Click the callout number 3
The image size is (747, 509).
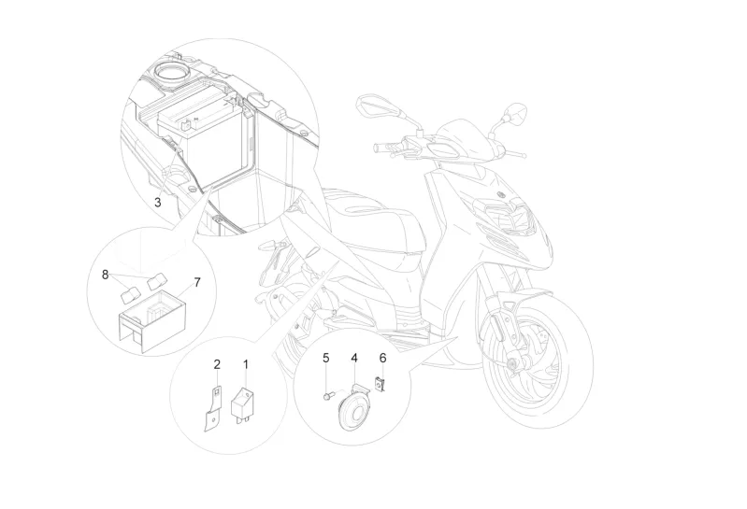pos(158,201)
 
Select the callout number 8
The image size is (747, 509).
pos(105,274)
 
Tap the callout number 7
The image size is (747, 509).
pos(196,281)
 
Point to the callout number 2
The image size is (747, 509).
pos(217,363)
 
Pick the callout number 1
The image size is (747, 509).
pos(247,363)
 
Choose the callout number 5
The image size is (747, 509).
pos(326,358)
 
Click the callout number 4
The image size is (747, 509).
pos(354,358)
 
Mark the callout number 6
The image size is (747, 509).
pos(381,358)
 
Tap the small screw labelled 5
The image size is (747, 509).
pos(327,396)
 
